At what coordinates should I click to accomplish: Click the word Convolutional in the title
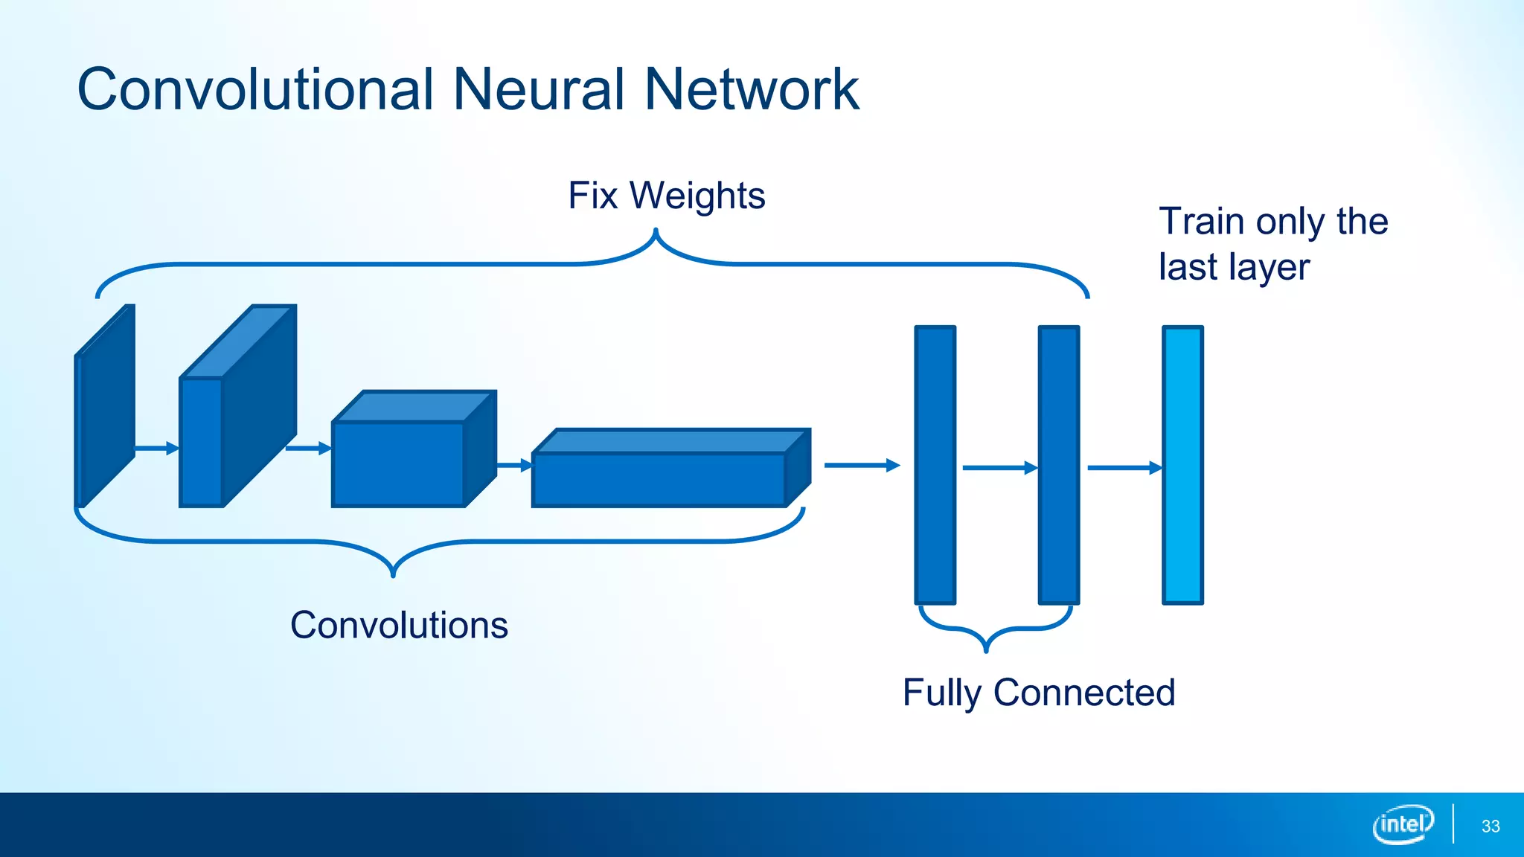[x=254, y=89]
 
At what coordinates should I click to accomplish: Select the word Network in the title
[x=751, y=89]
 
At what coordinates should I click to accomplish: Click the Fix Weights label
[x=666, y=196]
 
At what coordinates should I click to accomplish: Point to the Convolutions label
[x=399, y=625]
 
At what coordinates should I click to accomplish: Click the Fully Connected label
[x=1039, y=693]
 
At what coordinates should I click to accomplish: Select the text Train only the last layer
[x=1272, y=244]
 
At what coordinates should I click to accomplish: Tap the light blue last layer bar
[x=1182, y=465]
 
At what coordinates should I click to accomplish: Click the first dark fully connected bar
[x=935, y=465]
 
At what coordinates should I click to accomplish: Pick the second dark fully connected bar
[x=1058, y=465]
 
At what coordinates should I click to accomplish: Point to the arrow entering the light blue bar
[x=1124, y=468]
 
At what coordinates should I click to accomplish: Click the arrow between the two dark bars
[x=999, y=468]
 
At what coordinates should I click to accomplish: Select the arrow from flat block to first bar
[x=861, y=466]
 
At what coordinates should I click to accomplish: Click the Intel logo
[x=1403, y=824]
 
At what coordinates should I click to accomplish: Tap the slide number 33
[x=1491, y=826]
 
